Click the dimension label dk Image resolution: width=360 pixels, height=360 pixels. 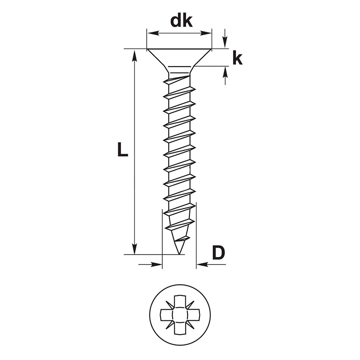tap(181, 21)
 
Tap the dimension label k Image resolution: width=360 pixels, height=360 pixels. tap(237, 59)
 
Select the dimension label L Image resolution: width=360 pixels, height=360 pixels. tap(122, 149)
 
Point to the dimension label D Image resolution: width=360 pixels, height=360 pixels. tap(218, 252)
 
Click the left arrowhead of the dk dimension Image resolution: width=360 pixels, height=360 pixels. tap(153, 33)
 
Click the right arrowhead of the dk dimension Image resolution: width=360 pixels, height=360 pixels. tap(206, 33)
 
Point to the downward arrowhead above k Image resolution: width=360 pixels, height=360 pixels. tap(225, 42)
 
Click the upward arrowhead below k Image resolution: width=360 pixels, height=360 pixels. tap(225, 73)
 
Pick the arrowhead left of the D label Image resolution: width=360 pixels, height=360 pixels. tap(202, 265)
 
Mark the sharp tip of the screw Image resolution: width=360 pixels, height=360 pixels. tap(179, 254)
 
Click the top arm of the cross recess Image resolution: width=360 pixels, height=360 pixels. tap(180, 302)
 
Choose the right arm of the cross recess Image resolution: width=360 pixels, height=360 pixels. tap(193, 315)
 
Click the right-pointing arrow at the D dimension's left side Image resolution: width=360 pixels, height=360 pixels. tap(150, 265)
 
